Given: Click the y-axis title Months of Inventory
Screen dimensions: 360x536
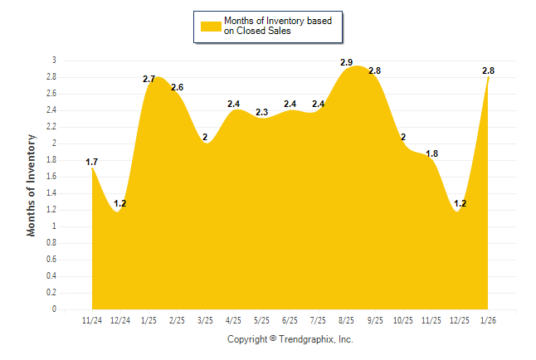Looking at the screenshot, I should (x=32, y=184).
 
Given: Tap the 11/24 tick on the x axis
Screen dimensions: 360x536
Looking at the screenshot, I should (x=92, y=319).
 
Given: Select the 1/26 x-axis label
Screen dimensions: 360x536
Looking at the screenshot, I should (x=489, y=319).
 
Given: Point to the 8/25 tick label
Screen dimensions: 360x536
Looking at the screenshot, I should (x=347, y=319).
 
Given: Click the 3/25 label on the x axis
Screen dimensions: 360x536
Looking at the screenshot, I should (x=205, y=319).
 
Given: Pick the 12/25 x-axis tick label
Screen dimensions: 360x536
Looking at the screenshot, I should (x=460, y=319).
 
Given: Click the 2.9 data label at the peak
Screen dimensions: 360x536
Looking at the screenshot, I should (x=347, y=63).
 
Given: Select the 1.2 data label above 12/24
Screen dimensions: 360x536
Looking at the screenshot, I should (x=120, y=203).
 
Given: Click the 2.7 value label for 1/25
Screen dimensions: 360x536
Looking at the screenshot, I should (x=149, y=79).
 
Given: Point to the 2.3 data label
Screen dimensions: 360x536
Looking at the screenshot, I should (x=262, y=112).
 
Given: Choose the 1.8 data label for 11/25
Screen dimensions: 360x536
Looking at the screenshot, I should (x=432, y=153).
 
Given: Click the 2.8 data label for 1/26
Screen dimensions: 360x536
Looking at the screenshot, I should (x=489, y=71).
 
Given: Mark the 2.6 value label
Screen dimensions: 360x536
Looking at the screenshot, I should (x=178, y=87).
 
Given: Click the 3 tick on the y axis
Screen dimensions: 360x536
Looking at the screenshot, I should (x=54, y=61).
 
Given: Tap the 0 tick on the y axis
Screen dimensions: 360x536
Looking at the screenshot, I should (x=54, y=309).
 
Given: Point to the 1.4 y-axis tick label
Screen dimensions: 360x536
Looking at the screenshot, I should (x=51, y=193).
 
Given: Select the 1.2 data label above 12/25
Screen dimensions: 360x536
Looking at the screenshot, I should (x=460, y=203).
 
